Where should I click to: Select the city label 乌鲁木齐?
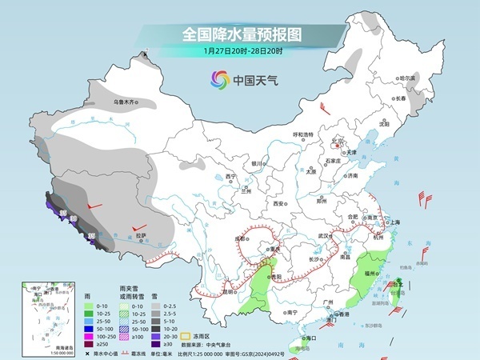click(125, 102)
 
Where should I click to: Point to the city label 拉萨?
click(141, 236)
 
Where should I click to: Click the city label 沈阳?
click(384, 125)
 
